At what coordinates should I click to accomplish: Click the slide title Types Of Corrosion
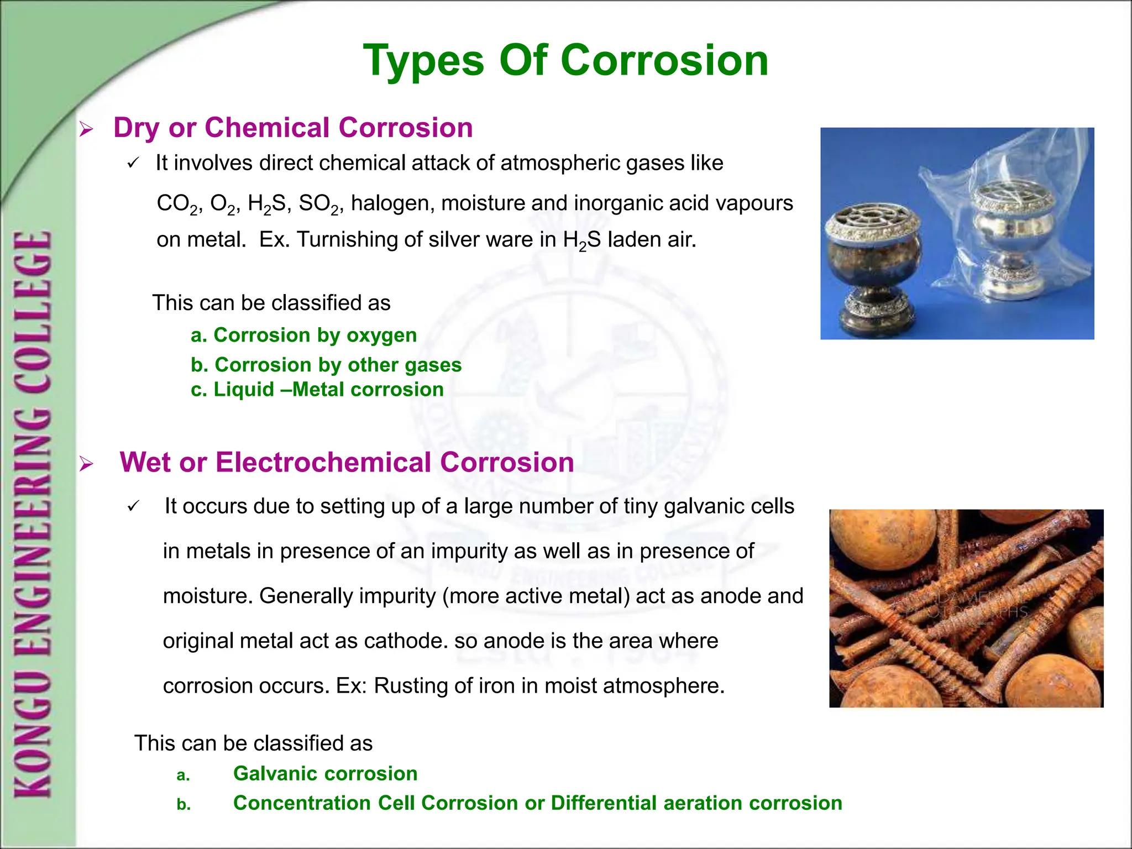click(565, 61)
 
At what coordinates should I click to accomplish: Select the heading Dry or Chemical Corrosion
click(293, 128)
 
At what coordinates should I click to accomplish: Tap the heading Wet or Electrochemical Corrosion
click(347, 462)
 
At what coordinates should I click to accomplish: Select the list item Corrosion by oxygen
click(303, 335)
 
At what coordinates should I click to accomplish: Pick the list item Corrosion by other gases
click(326, 365)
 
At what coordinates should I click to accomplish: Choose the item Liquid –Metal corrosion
click(317, 390)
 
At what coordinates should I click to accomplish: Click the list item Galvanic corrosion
click(325, 773)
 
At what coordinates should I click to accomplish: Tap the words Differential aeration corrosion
click(696, 803)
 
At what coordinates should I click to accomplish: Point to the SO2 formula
click(319, 204)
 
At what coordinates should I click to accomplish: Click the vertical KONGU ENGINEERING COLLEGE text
click(33, 514)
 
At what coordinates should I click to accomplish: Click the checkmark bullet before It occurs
click(133, 507)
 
